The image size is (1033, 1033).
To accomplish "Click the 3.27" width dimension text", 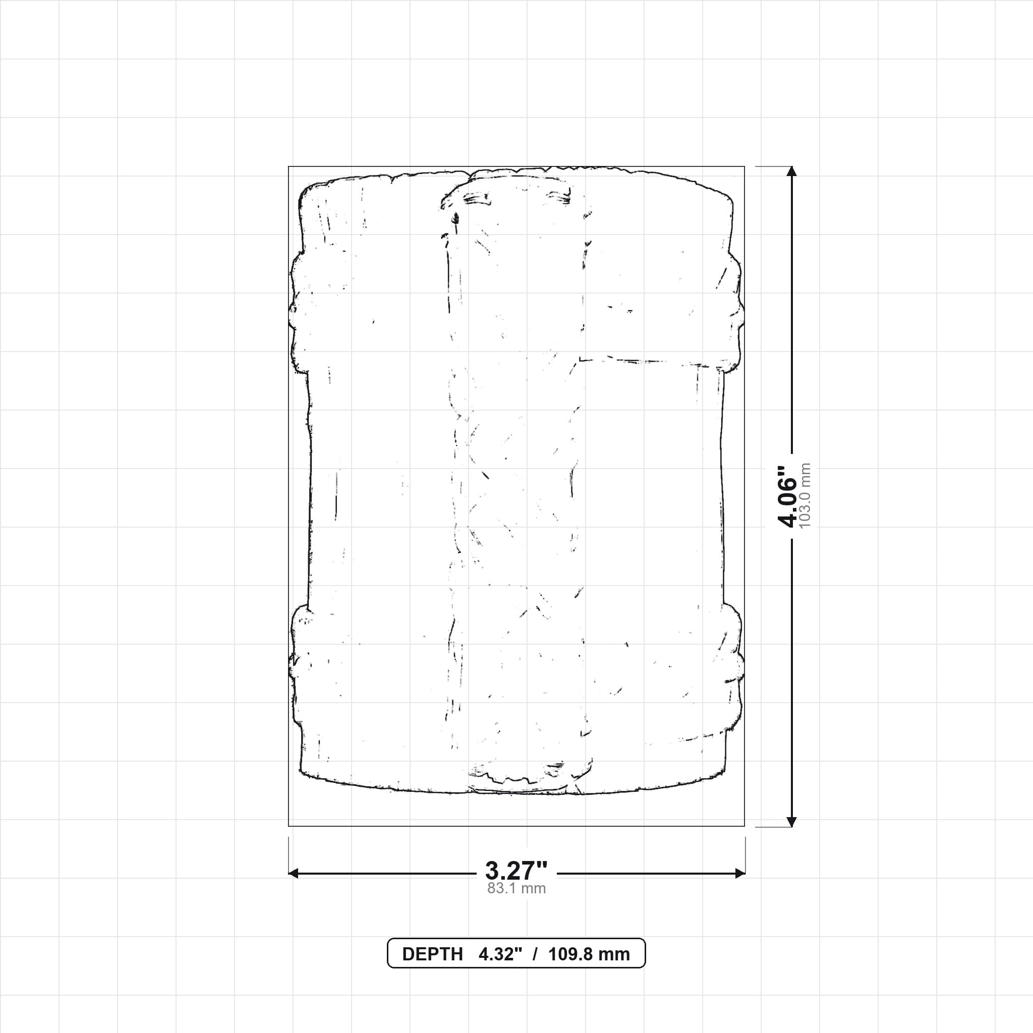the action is pos(516,871).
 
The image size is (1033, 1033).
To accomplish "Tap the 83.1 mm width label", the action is pos(516,889).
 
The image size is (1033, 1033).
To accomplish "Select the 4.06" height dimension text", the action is pos(787,496).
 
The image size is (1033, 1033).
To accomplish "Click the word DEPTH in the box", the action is pos(432,954).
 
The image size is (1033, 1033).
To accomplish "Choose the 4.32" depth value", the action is pos(500,954).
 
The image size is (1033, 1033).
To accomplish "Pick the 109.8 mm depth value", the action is pos(589,954).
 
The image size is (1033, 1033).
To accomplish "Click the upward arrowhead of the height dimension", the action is pos(792,171).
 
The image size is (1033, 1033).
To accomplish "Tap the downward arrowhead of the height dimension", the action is pos(792,821).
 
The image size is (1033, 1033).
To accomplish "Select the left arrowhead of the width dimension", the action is pos(294,873).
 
